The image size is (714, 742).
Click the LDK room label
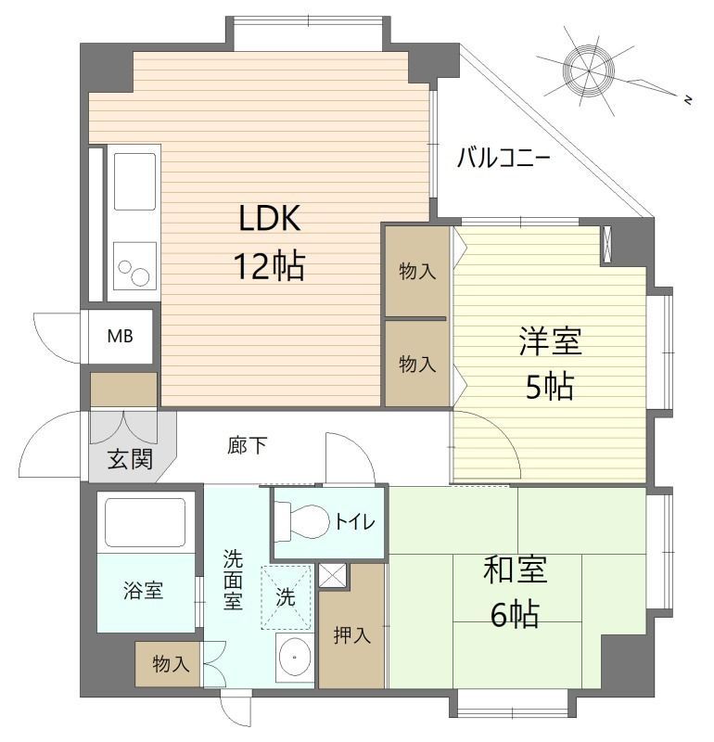click(x=269, y=219)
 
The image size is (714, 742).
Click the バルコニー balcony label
click(x=504, y=159)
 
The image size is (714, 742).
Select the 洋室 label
click(x=550, y=341)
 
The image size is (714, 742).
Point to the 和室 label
click(x=515, y=569)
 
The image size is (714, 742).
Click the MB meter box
click(x=120, y=336)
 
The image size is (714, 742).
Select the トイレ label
click(x=355, y=522)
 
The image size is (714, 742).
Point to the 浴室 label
click(x=143, y=591)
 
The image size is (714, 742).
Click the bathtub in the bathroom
click(x=146, y=521)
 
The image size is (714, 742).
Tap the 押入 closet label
click(x=351, y=635)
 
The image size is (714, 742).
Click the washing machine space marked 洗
click(x=287, y=598)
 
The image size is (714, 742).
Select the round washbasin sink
click(x=296, y=659)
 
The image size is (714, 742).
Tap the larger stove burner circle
click(x=140, y=276)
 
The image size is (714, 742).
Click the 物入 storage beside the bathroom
click(x=171, y=664)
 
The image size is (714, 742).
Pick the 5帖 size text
click(x=550, y=386)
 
